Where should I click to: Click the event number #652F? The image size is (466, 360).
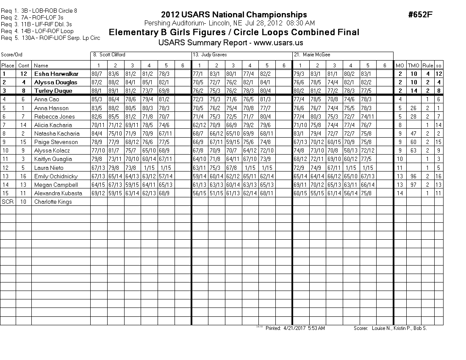click(420, 15)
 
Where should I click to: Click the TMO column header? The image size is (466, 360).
click(413, 65)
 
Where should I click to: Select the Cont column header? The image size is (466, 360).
click(24, 65)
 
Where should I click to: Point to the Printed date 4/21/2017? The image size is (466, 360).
click(295, 328)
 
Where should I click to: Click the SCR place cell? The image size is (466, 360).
click(8, 202)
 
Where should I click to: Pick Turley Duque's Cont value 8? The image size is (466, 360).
click(24, 91)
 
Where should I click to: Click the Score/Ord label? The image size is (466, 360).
click(11, 55)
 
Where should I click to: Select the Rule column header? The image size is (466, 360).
click(428, 65)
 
